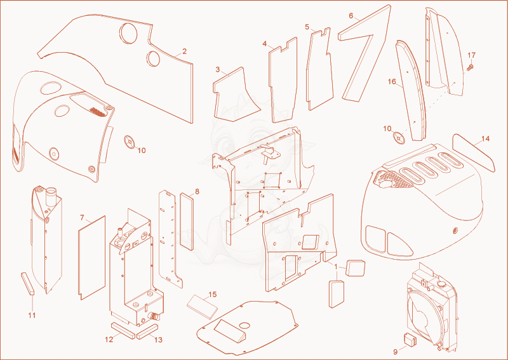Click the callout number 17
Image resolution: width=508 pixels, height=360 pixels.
click(x=471, y=55)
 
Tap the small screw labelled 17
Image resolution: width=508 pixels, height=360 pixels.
click(x=471, y=67)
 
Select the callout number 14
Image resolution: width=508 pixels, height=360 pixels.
click(x=485, y=138)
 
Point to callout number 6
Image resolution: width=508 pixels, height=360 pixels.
click(x=351, y=16)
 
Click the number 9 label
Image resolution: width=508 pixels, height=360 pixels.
click(x=395, y=352)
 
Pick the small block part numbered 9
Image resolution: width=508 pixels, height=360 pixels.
click(x=409, y=339)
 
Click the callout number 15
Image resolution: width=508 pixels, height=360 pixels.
click(x=213, y=295)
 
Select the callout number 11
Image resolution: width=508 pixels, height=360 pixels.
click(x=32, y=316)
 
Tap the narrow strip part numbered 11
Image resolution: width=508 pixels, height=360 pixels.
click(x=27, y=284)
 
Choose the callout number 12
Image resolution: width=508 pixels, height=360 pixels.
click(x=109, y=340)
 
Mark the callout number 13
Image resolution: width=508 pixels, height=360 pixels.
click(x=158, y=340)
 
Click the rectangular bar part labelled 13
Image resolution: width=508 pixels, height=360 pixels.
click(x=147, y=331)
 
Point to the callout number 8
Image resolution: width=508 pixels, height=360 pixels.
click(x=197, y=192)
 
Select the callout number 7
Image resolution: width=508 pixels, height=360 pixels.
click(x=82, y=218)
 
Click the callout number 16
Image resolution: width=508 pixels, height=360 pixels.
click(x=392, y=81)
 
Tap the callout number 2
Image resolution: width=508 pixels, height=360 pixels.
click(x=184, y=51)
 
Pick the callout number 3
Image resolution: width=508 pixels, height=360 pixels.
click(x=218, y=69)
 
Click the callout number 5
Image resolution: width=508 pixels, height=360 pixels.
click(x=307, y=27)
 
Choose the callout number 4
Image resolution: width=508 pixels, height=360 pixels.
click(x=265, y=43)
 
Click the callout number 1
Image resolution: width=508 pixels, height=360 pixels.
click(x=336, y=267)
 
